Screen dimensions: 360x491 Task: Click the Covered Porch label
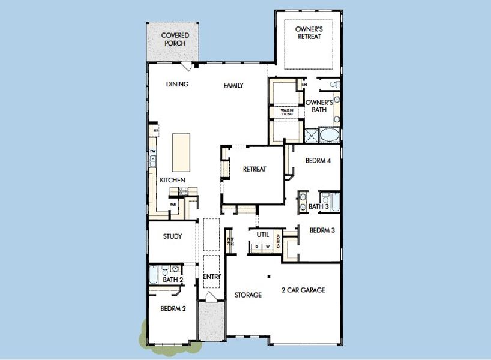point(175,39)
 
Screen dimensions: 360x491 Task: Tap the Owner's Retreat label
point(309,32)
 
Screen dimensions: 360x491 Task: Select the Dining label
point(177,85)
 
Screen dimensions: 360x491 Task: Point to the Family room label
point(233,85)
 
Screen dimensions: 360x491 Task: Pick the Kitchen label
point(172,180)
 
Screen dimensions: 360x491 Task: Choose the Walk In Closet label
point(283,112)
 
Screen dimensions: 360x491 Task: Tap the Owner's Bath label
point(319,106)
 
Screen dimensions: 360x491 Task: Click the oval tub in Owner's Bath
point(328,134)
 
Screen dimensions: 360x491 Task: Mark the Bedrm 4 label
point(318,161)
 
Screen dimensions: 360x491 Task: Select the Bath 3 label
point(318,207)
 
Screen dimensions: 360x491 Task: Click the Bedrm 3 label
point(322,230)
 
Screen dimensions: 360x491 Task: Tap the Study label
point(172,236)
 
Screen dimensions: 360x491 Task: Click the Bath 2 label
point(172,280)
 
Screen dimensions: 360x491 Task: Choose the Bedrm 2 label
point(173,309)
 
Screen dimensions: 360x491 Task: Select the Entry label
point(212,277)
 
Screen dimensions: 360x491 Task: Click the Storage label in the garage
point(248,295)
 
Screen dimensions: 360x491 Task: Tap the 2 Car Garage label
point(303,290)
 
